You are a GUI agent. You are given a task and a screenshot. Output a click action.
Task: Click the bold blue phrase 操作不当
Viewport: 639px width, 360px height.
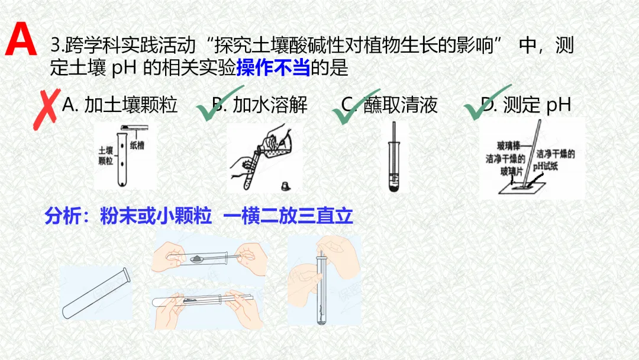coord(273,69)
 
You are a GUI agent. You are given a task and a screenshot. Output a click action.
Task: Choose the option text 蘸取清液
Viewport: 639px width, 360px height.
coord(401,105)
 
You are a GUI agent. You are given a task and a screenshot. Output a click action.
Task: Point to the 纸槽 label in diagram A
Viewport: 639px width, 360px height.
coord(137,145)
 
